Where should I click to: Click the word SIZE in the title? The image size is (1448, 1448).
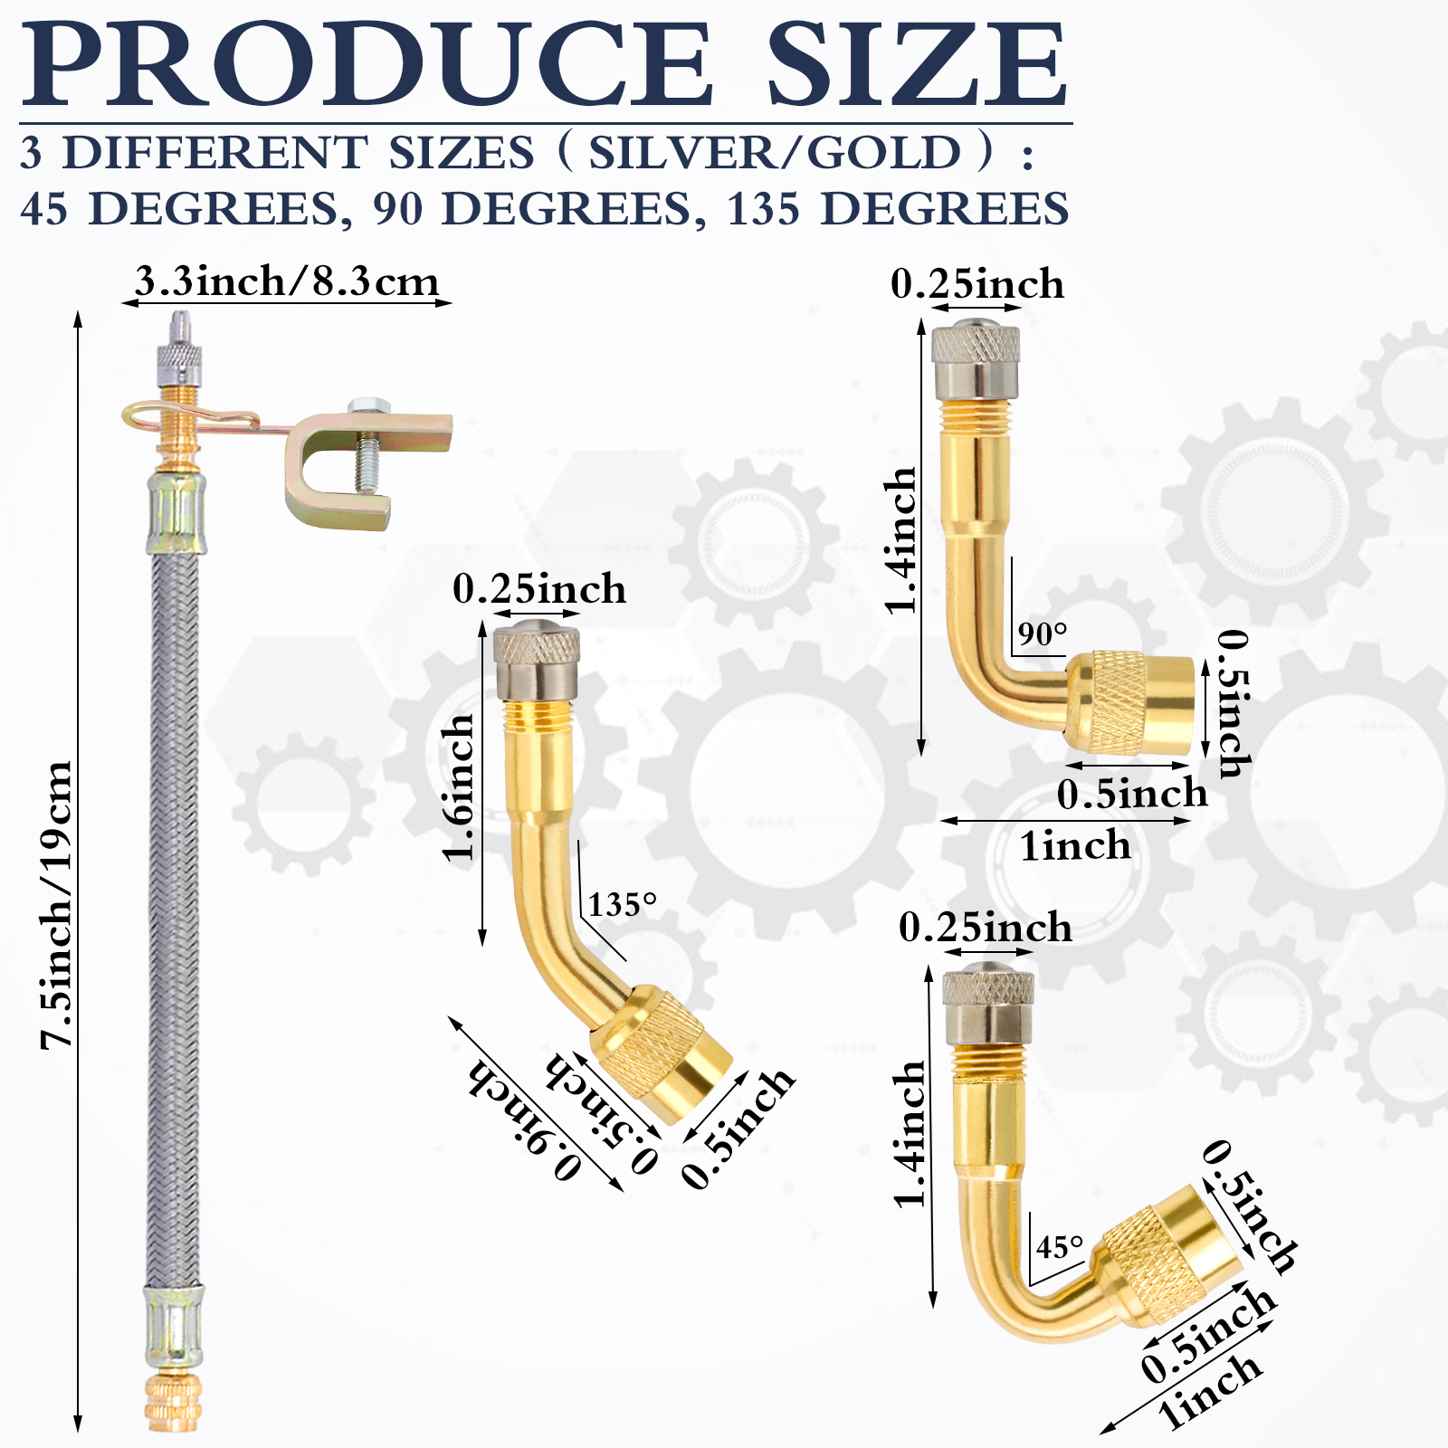pos(918,63)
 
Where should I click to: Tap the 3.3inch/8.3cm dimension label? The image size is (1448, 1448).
pos(287,281)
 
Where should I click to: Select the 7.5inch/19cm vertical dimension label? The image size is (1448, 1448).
pos(56,905)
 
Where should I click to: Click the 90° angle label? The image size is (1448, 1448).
pos(1043,633)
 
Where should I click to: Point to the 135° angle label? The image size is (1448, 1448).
pos(623,904)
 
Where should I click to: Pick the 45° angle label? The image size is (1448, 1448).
pos(1060,1247)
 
